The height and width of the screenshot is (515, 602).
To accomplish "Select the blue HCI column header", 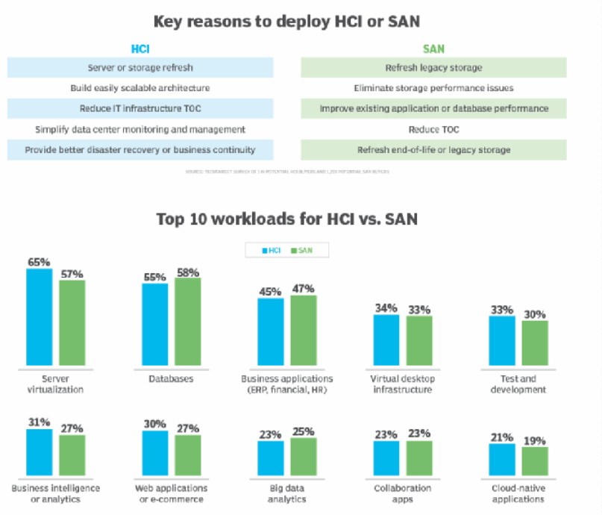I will coord(140,49).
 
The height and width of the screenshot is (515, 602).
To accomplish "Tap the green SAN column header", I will coord(433,49).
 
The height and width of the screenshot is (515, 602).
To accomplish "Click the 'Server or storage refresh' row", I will coord(140,68).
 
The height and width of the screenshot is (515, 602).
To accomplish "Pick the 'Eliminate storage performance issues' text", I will coord(433,88).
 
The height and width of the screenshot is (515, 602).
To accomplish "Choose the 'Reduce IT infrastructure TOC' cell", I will coord(140,108).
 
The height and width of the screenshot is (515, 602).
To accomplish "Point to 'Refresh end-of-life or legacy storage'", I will coord(433,149).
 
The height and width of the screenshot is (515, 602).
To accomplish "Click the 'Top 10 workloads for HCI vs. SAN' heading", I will coord(286,219).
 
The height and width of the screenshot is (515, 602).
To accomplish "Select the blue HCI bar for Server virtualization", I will coord(40,317).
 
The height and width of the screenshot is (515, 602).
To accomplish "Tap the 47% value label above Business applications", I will coord(304,288).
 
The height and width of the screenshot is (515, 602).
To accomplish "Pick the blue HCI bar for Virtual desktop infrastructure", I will coord(386,340).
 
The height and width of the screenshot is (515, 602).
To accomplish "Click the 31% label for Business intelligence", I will coord(39,422).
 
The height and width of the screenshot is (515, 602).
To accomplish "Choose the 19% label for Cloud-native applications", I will coord(535,440).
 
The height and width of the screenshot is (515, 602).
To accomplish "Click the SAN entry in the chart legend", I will coord(301,250).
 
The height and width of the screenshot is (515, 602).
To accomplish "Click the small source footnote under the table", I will coord(287,172).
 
